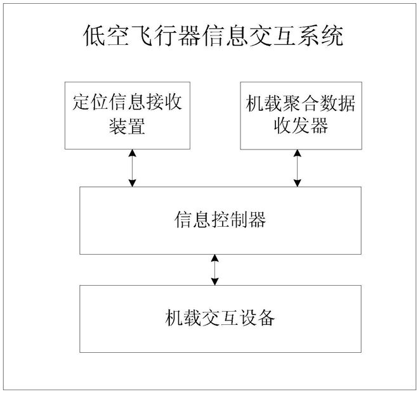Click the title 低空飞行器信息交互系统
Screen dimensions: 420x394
click(214, 35)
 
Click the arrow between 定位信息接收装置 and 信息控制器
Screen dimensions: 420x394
click(133, 168)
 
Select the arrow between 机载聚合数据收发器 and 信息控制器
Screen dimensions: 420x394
click(298, 168)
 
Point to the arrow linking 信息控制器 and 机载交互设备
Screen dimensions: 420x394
click(214, 270)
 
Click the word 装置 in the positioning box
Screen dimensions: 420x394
click(128, 125)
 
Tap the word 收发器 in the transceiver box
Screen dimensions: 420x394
click(301, 125)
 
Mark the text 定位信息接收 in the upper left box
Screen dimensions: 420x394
click(128, 102)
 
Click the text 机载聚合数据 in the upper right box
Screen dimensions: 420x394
click(301, 103)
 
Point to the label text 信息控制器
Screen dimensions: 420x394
click(220, 220)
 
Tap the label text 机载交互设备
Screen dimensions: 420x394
click(220, 318)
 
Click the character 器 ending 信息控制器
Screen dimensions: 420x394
click(257, 220)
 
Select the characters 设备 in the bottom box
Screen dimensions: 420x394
click(257, 318)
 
